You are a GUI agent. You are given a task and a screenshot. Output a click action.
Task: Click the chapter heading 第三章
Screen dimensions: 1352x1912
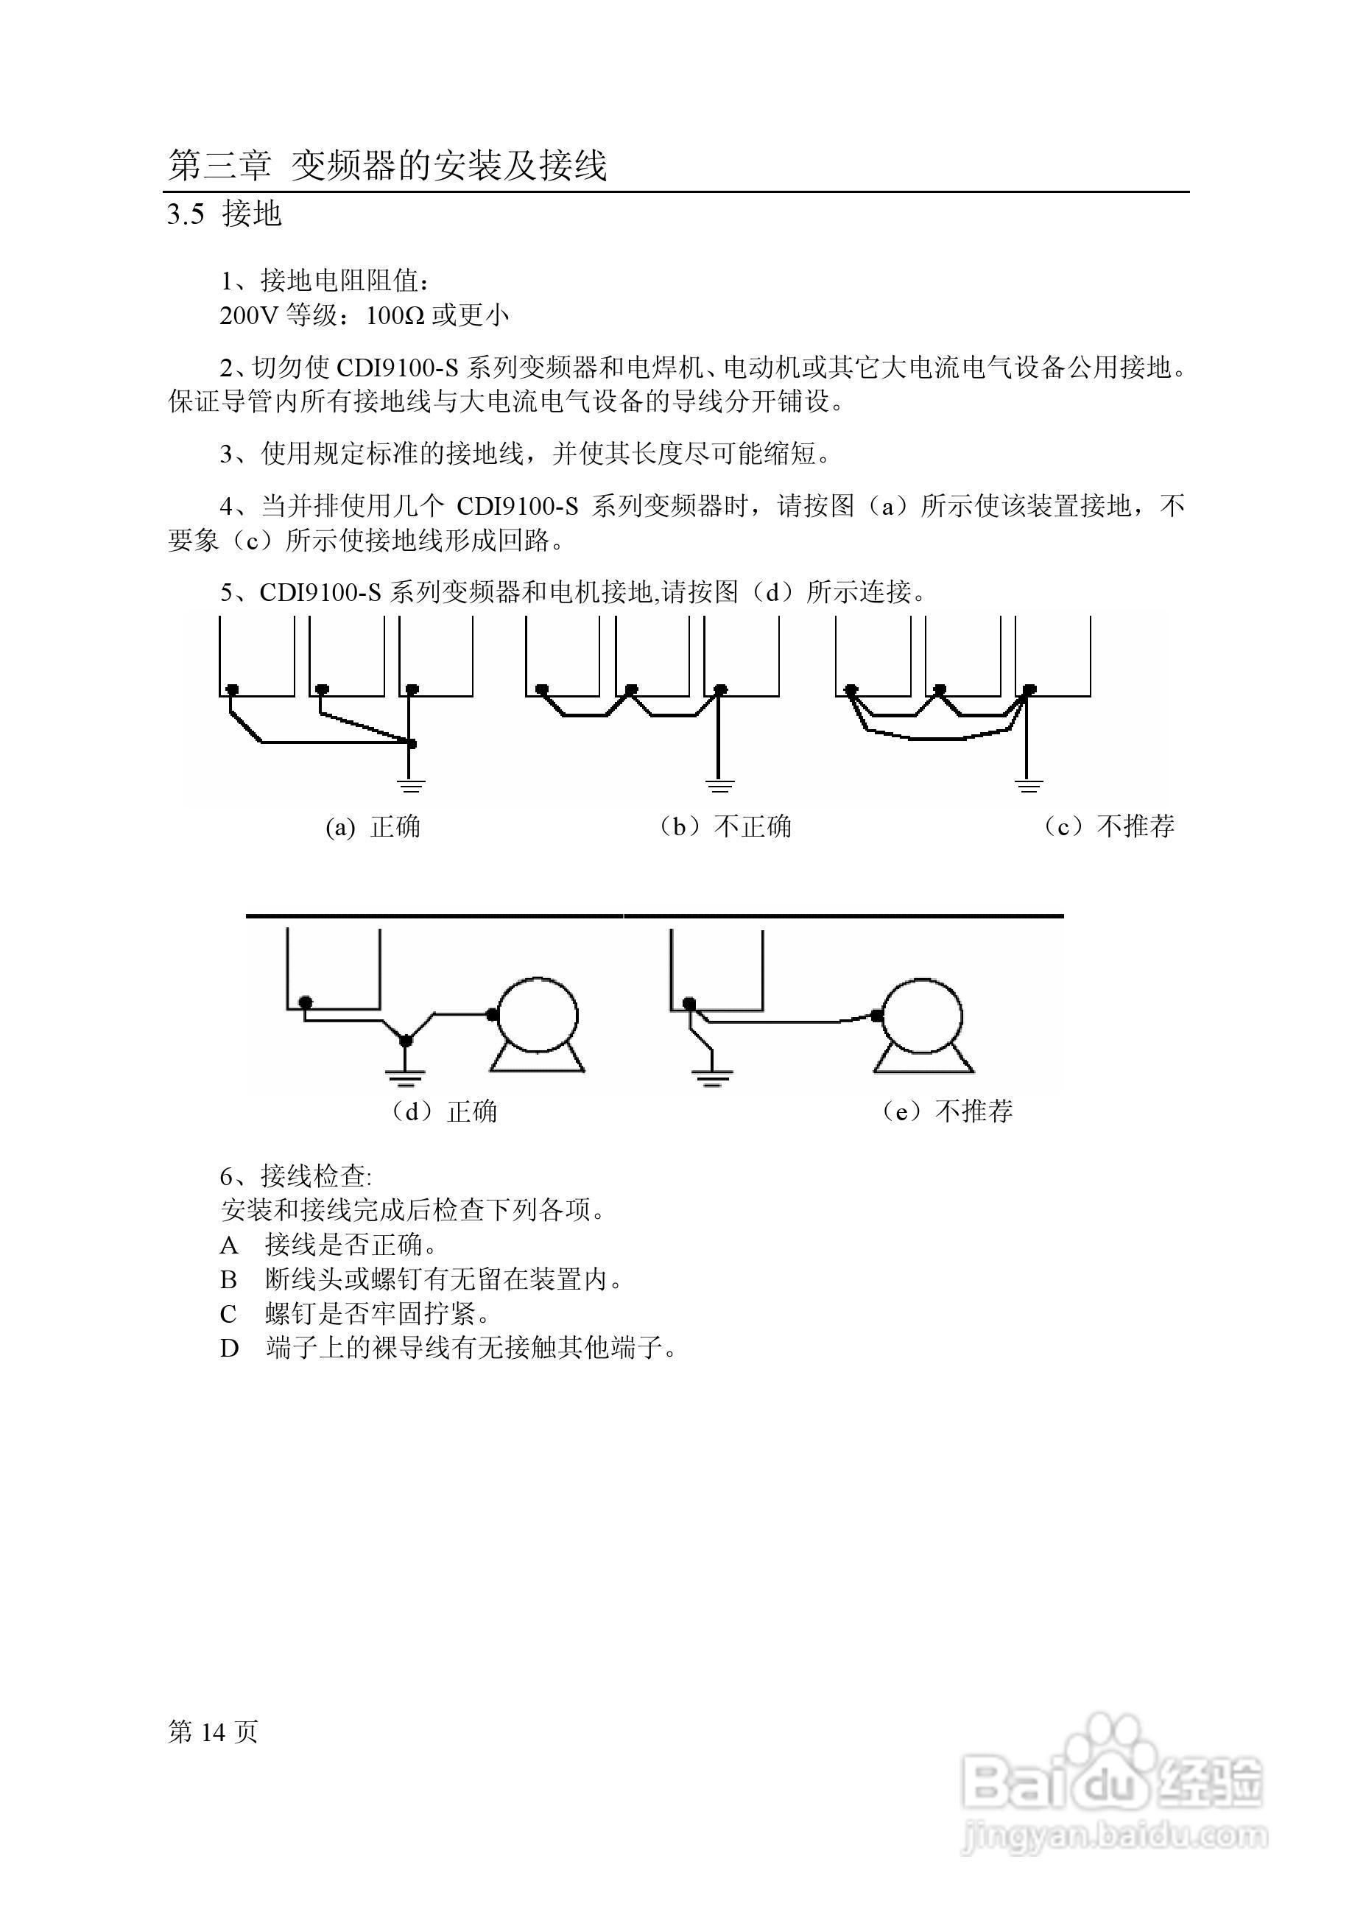pyautogui.click(x=219, y=165)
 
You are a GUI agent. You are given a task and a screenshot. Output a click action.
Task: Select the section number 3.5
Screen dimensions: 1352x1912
pyautogui.click(x=186, y=215)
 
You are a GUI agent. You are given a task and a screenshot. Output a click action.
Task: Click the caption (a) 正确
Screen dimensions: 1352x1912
pyautogui.click(x=373, y=827)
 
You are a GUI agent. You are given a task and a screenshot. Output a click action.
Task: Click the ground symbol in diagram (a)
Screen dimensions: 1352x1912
pyautogui.click(x=410, y=784)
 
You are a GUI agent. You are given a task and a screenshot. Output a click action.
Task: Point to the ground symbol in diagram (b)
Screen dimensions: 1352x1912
pyautogui.click(x=720, y=784)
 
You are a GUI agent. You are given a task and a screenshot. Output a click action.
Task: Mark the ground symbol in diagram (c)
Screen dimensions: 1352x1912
pyautogui.click(x=1029, y=784)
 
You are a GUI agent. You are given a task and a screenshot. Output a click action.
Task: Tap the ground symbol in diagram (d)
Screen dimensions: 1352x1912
pyautogui.click(x=406, y=1078)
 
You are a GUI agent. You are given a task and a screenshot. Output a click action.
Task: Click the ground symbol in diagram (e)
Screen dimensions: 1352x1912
pyautogui.click(x=712, y=1078)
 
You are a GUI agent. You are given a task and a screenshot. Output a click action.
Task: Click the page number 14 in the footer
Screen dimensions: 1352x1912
pyautogui.click(x=213, y=1732)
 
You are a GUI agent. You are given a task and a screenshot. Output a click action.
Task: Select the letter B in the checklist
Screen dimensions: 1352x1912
pyautogui.click(x=229, y=1279)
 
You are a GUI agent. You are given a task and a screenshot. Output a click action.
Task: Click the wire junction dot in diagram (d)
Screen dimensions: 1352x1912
pyautogui.click(x=406, y=1041)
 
